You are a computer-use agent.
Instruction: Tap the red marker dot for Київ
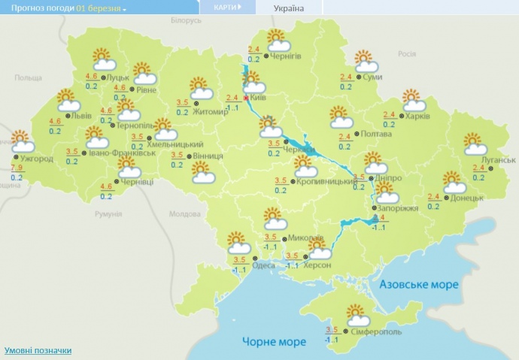pos(246,98)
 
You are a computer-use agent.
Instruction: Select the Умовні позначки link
pos(38,350)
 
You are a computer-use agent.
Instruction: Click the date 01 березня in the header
pos(99,8)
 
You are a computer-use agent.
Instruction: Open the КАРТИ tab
pos(227,8)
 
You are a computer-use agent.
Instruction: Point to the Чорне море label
pos(274,342)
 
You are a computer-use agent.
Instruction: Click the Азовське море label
pos(418,285)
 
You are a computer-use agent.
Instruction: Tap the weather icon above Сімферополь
pos(354,315)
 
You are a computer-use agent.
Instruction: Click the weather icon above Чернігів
pos(279,41)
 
